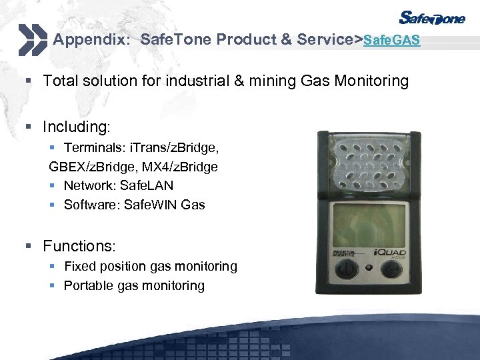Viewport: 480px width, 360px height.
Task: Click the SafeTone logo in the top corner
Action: [x=432, y=18]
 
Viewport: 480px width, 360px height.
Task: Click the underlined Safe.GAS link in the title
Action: [x=392, y=41]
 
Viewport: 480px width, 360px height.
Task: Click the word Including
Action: [x=75, y=127]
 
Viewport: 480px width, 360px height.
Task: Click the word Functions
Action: [x=79, y=247]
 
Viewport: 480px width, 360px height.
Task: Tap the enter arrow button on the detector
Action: [x=391, y=269]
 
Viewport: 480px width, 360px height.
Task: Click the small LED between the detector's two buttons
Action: [x=368, y=268]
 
